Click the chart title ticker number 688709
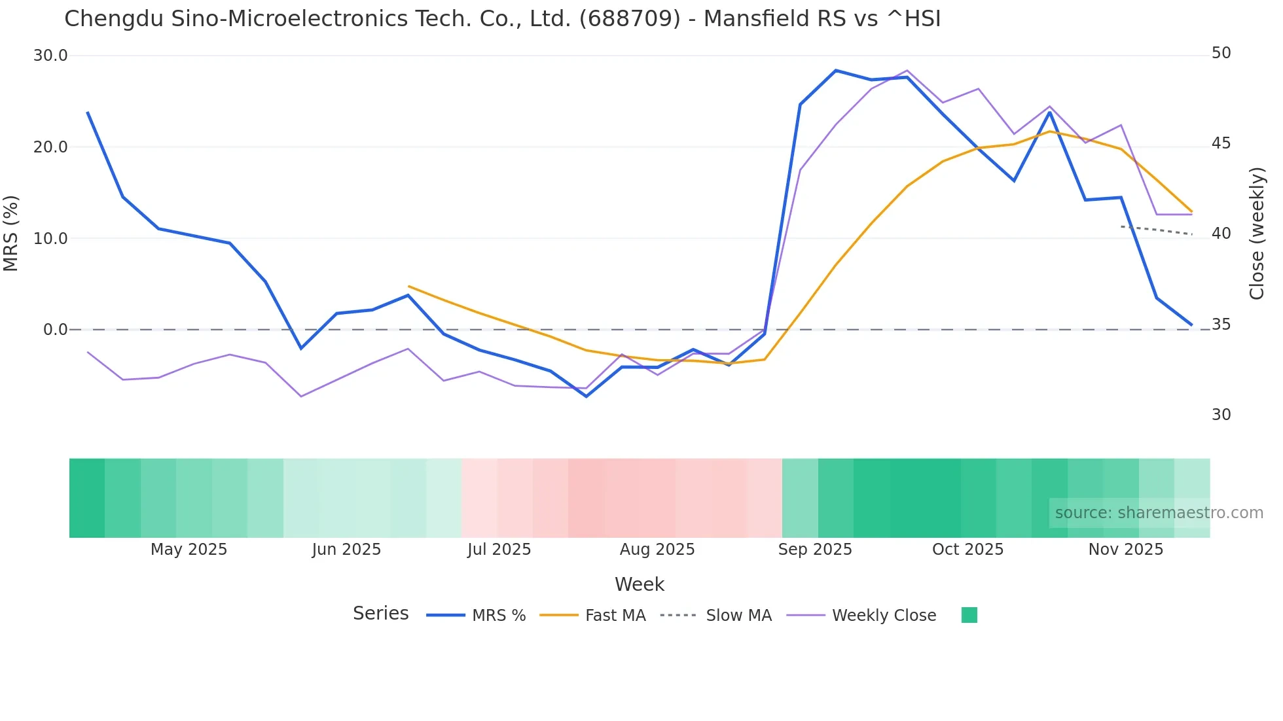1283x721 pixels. tap(630, 19)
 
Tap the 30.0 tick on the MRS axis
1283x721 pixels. tap(50, 56)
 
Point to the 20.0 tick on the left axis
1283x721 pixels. tap(50, 147)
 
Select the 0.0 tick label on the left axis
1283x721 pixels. tap(55, 330)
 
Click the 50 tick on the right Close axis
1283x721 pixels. tap(1221, 53)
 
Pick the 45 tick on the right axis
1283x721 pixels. tap(1221, 143)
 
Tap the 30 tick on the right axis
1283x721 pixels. tap(1221, 415)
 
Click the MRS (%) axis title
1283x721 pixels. tap(11, 233)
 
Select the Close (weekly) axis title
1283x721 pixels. tap(1256, 234)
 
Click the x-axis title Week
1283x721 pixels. tap(639, 584)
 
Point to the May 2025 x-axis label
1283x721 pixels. tap(189, 550)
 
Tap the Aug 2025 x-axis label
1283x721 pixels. tap(657, 550)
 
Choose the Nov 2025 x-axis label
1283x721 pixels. tap(1125, 550)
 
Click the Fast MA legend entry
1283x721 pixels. tap(615, 616)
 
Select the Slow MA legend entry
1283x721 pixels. tap(738, 616)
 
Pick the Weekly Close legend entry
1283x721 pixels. tap(884, 616)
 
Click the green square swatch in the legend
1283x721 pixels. tap(969, 615)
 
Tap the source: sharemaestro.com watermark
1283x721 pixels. tap(1159, 513)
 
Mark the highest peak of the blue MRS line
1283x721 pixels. tap(836, 70)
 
